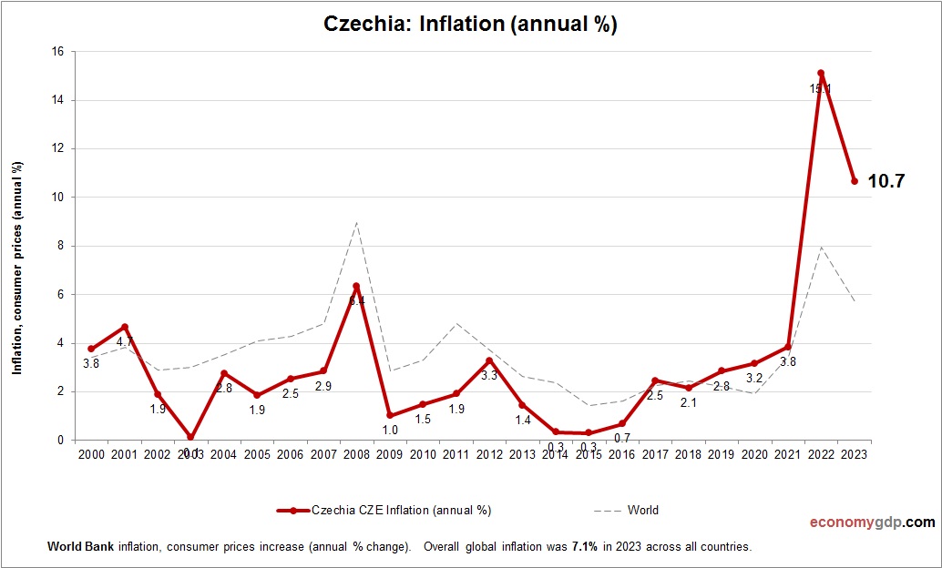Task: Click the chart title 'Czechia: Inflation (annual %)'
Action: click(x=470, y=25)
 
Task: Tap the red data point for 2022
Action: click(x=821, y=73)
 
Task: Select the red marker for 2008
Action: click(x=356, y=286)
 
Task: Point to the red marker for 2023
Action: click(x=855, y=181)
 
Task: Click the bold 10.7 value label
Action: click(x=886, y=181)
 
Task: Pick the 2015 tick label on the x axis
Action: click(x=589, y=455)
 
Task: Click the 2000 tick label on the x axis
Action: click(x=91, y=455)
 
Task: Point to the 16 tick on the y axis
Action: click(x=57, y=52)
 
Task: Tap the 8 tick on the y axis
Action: click(x=60, y=246)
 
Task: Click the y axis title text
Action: click(x=17, y=268)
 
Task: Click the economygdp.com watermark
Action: click(x=872, y=522)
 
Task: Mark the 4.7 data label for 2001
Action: click(x=125, y=342)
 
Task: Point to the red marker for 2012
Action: click(x=489, y=361)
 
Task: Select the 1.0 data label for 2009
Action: click(x=390, y=430)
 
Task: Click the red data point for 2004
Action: click(x=224, y=373)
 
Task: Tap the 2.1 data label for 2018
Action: click(x=689, y=402)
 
